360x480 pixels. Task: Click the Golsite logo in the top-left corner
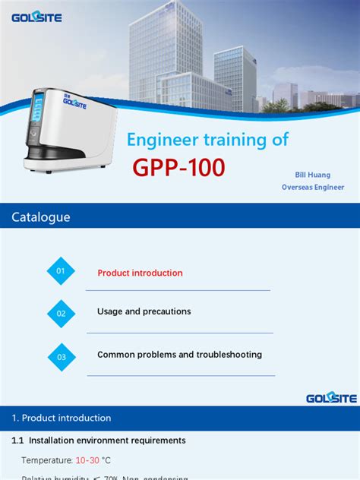(36, 17)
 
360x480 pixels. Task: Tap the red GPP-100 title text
(179, 168)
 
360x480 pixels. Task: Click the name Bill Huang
(313, 175)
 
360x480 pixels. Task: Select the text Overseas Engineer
(313, 187)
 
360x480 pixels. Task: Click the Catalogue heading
(41, 217)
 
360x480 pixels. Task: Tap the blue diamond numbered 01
(62, 271)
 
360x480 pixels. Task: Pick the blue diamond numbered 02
(62, 313)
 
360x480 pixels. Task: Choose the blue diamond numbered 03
(62, 355)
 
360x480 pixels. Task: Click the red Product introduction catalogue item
(140, 273)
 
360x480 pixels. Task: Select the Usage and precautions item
(144, 311)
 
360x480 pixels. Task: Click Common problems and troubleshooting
(179, 355)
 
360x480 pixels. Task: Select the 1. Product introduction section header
(62, 418)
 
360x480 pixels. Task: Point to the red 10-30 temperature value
(86, 460)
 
